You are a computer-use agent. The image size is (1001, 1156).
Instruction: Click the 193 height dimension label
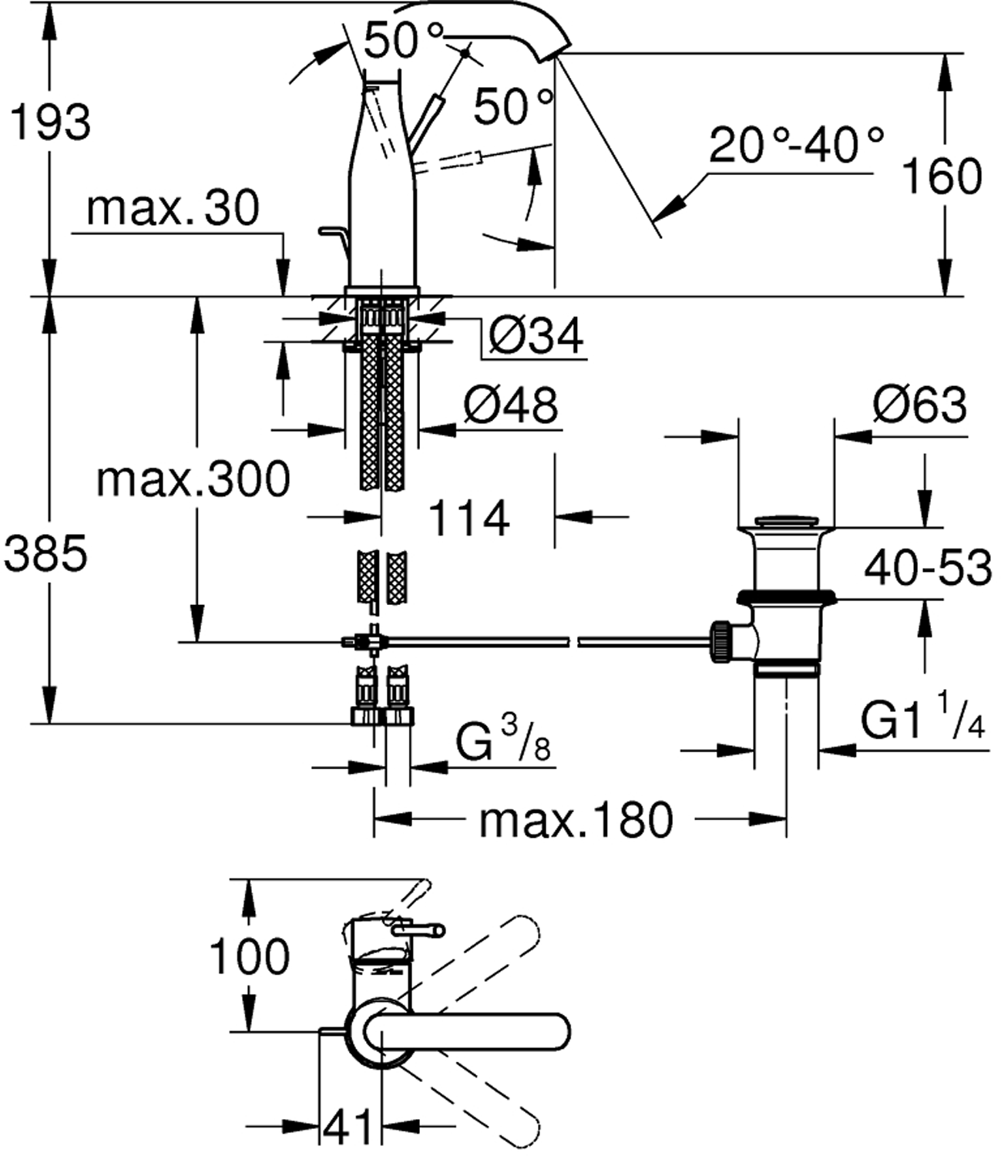tap(49, 123)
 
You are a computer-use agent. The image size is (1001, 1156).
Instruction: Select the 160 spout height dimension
tap(941, 176)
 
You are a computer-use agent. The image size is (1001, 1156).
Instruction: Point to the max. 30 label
tap(173, 208)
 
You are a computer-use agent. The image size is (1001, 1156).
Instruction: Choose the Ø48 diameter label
tap(510, 405)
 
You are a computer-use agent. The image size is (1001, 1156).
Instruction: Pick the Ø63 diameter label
tap(919, 405)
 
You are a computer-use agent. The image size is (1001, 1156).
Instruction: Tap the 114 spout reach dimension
tap(469, 518)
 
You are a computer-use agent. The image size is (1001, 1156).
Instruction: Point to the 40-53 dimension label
tap(927, 569)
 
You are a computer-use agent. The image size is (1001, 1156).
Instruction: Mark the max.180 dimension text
tap(576, 820)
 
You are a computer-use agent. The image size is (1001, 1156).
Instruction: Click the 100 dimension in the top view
tap(250, 956)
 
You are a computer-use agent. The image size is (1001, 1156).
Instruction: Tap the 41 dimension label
tap(347, 1127)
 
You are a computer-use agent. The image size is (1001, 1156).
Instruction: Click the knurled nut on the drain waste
tap(721, 640)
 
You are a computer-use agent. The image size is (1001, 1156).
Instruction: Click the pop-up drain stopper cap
tap(785, 522)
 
